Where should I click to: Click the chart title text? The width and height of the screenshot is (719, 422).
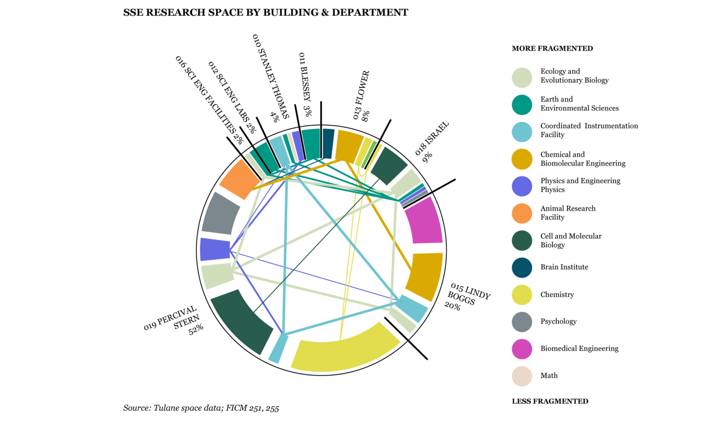266,13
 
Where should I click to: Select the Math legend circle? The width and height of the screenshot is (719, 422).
522,376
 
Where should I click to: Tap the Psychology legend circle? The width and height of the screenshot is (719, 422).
522,322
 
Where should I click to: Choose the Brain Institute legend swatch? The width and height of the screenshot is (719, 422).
522,267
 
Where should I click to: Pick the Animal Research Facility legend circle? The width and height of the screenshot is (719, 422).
522,213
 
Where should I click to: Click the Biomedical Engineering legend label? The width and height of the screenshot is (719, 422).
579,349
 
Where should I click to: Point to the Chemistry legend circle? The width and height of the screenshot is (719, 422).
522,295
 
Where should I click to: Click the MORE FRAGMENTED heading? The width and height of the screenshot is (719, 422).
552,49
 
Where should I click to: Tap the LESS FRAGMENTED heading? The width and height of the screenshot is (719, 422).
550,401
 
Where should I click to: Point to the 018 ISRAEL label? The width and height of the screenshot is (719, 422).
431,139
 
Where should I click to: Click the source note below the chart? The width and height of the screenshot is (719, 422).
201,409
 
